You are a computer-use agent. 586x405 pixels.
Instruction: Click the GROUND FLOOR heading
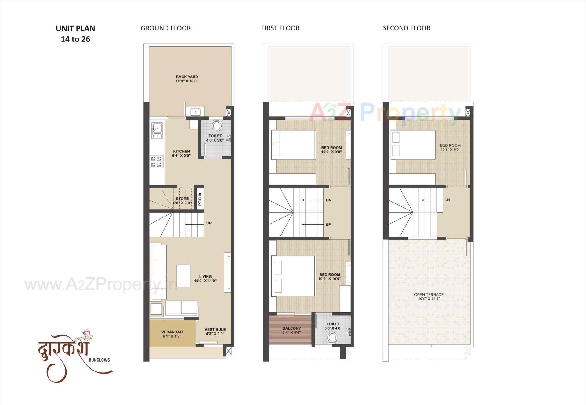tap(165, 28)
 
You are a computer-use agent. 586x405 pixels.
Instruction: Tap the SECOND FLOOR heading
tap(406, 28)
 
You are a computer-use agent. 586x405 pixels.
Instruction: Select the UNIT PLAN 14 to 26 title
tap(75, 34)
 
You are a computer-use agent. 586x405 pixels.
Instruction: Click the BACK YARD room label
tap(187, 79)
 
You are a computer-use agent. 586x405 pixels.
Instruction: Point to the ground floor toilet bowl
tap(216, 126)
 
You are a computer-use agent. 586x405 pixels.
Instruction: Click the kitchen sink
tap(157, 131)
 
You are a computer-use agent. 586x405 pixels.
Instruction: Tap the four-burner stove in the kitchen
tap(156, 162)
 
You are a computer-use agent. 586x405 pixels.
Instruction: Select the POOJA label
tap(200, 199)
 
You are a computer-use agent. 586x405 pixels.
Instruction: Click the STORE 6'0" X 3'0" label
tap(182, 201)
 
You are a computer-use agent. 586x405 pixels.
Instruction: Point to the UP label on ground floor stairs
tap(209, 223)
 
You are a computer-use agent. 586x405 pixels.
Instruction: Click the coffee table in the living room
tap(183, 276)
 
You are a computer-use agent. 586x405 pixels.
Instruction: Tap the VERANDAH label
tap(172, 334)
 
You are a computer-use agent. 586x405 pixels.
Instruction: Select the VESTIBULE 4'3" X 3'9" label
tap(215, 332)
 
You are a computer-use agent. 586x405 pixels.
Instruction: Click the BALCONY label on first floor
tap(291, 331)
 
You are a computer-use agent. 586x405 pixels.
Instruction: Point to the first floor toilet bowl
tap(332, 338)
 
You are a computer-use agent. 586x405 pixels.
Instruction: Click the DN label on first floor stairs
tap(328, 200)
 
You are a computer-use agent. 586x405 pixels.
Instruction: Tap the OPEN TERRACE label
tap(429, 296)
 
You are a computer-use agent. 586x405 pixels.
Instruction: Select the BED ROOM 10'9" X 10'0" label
tap(330, 277)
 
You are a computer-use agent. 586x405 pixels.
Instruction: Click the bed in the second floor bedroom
tap(413, 145)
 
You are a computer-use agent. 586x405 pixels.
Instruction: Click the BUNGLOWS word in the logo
tap(99, 360)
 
